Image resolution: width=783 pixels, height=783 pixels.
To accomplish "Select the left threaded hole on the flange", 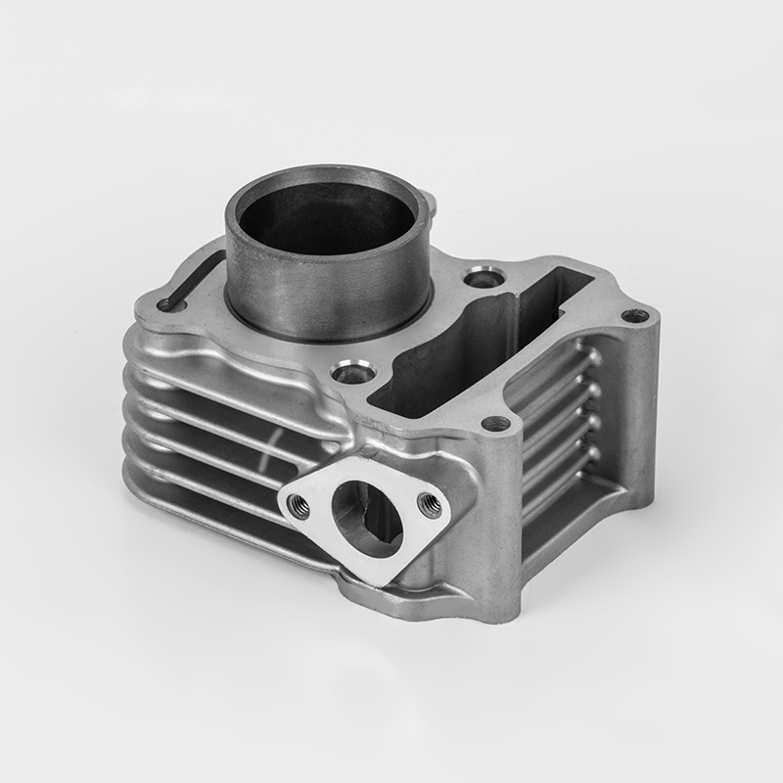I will coord(299,506).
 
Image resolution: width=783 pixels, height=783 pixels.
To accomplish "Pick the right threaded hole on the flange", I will coord(427,504).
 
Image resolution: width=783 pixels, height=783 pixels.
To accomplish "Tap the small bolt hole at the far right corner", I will coord(635,315).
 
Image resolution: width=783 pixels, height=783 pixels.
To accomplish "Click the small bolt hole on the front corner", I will coord(495,424).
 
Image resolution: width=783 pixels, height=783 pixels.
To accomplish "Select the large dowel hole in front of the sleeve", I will coord(353,372).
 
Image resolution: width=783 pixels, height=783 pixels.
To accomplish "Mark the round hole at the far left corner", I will coord(167,304).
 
